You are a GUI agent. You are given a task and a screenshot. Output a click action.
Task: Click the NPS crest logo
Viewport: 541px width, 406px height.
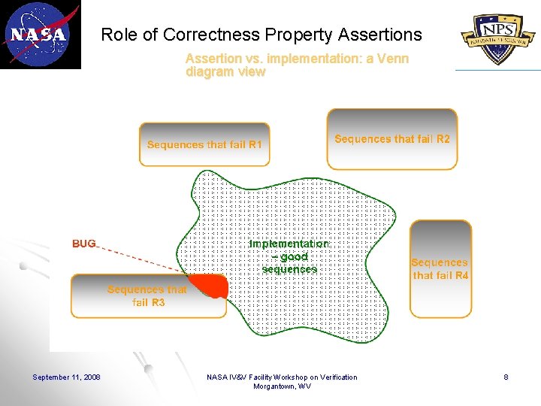tap(498, 35)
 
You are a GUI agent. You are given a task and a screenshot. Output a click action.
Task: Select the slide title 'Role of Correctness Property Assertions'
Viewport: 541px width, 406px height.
tap(261, 35)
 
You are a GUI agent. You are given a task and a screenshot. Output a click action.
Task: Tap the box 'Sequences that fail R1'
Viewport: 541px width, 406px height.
tap(204, 144)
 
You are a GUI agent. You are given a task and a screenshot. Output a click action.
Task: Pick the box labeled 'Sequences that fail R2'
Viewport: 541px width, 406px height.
tap(391, 139)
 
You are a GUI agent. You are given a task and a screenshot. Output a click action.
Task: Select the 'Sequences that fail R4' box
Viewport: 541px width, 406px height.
tap(440, 268)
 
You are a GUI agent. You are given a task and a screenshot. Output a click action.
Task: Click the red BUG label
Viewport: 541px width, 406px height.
tap(84, 244)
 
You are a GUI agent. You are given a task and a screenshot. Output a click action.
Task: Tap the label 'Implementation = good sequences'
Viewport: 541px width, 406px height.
tap(289, 256)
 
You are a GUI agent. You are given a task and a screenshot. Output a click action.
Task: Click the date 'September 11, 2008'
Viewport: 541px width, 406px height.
tap(67, 377)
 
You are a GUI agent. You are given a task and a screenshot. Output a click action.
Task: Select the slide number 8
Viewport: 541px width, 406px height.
tap(506, 377)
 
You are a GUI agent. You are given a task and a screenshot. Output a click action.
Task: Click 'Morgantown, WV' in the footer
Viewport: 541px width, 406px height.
tap(282, 386)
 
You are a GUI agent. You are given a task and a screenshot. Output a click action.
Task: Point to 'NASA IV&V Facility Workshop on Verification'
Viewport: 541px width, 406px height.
tap(282, 377)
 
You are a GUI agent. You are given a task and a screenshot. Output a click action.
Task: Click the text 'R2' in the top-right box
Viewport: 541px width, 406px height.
tap(443, 139)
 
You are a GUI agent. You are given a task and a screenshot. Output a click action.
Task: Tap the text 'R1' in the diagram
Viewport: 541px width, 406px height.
tap(255, 144)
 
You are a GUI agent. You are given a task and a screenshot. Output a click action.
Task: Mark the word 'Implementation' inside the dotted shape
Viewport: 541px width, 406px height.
tap(289, 244)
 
